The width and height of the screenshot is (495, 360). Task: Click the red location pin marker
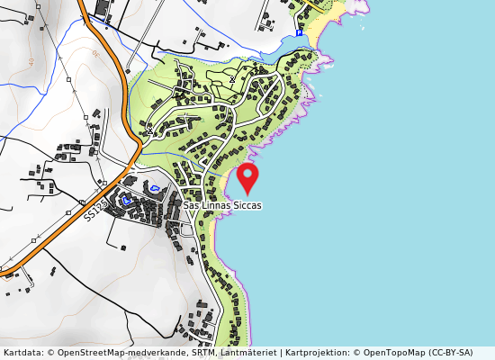(247, 176)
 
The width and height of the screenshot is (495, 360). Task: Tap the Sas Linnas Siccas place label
(222, 205)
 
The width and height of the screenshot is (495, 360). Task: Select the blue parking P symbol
(299, 33)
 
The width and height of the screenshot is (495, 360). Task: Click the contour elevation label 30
(95, 54)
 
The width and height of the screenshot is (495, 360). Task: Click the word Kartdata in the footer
(21, 353)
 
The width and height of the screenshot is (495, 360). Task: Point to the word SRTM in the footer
(202, 353)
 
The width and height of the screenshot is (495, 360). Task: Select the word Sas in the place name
(191, 205)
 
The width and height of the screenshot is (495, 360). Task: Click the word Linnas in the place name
(216, 205)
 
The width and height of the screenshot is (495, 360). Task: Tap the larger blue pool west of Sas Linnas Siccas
(154, 188)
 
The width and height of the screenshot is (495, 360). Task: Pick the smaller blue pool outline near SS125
(127, 201)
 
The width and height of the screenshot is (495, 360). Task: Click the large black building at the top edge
(99, 7)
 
